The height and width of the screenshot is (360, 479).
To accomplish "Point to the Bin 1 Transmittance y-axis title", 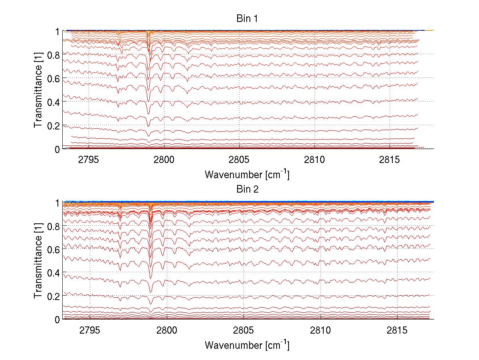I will click(x=38, y=90).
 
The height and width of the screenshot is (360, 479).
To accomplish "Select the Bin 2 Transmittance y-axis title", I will click(x=38, y=261).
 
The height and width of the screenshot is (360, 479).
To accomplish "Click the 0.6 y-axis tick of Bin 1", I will click(x=53, y=78).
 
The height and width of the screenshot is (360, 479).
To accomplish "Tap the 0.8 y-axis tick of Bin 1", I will click(x=53, y=55).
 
